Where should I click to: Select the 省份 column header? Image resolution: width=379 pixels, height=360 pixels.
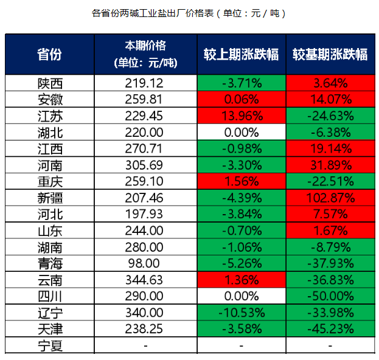(x=49, y=54)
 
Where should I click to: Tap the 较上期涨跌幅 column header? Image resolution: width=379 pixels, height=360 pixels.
(x=242, y=54)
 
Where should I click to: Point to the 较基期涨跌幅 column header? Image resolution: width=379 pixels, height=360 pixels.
(x=330, y=54)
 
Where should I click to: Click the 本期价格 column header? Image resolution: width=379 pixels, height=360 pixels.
(x=145, y=54)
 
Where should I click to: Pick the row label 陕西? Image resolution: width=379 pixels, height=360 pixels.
(x=49, y=83)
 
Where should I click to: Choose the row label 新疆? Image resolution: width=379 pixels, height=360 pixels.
(x=49, y=197)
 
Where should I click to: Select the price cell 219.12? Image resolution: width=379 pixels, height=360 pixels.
(x=146, y=83)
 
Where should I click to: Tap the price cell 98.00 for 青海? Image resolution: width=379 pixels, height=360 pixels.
(x=146, y=263)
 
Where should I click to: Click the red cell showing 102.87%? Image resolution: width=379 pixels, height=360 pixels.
(x=330, y=197)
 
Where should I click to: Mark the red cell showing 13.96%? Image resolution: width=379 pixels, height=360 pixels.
(x=242, y=116)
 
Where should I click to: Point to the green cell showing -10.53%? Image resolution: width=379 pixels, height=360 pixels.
(x=242, y=312)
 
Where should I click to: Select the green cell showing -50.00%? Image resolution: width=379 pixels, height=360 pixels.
(x=330, y=296)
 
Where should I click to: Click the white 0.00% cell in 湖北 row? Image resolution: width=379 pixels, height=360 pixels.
(x=242, y=132)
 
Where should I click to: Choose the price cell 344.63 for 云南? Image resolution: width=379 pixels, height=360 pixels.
(x=146, y=279)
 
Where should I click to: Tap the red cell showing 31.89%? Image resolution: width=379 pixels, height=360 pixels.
(x=330, y=165)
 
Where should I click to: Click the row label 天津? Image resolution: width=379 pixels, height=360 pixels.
(x=49, y=328)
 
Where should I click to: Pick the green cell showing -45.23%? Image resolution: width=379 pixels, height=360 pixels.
(x=330, y=328)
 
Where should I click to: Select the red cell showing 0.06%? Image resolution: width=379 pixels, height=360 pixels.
(x=242, y=99)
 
